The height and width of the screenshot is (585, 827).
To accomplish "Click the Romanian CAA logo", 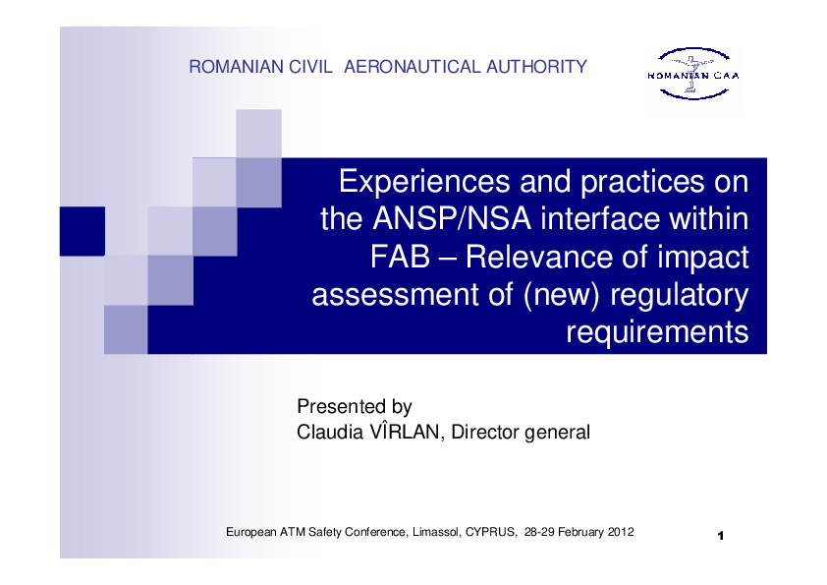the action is click(x=693, y=74).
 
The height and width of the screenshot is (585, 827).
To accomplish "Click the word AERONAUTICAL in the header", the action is click(x=412, y=67).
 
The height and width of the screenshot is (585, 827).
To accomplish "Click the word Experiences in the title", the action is click(x=424, y=182).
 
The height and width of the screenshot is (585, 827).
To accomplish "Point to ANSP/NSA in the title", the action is click(x=452, y=218).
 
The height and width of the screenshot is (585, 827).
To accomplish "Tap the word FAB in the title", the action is click(x=400, y=258).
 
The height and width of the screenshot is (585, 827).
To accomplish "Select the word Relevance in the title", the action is click(x=538, y=258).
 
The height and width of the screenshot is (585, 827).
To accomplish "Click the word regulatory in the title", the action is click(x=680, y=296).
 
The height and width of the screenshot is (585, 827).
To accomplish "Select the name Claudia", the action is click(x=330, y=432).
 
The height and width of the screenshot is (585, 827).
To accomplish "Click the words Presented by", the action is click(x=355, y=406).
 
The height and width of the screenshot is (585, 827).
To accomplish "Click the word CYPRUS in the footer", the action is click(x=490, y=532).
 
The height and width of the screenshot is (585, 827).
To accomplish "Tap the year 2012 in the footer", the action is click(x=621, y=532).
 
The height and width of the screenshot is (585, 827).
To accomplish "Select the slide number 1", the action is click(x=721, y=536).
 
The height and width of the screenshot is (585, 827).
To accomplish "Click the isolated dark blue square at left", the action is click(x=83, y=231).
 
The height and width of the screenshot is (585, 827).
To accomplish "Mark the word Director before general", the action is click(x=485, y=432).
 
